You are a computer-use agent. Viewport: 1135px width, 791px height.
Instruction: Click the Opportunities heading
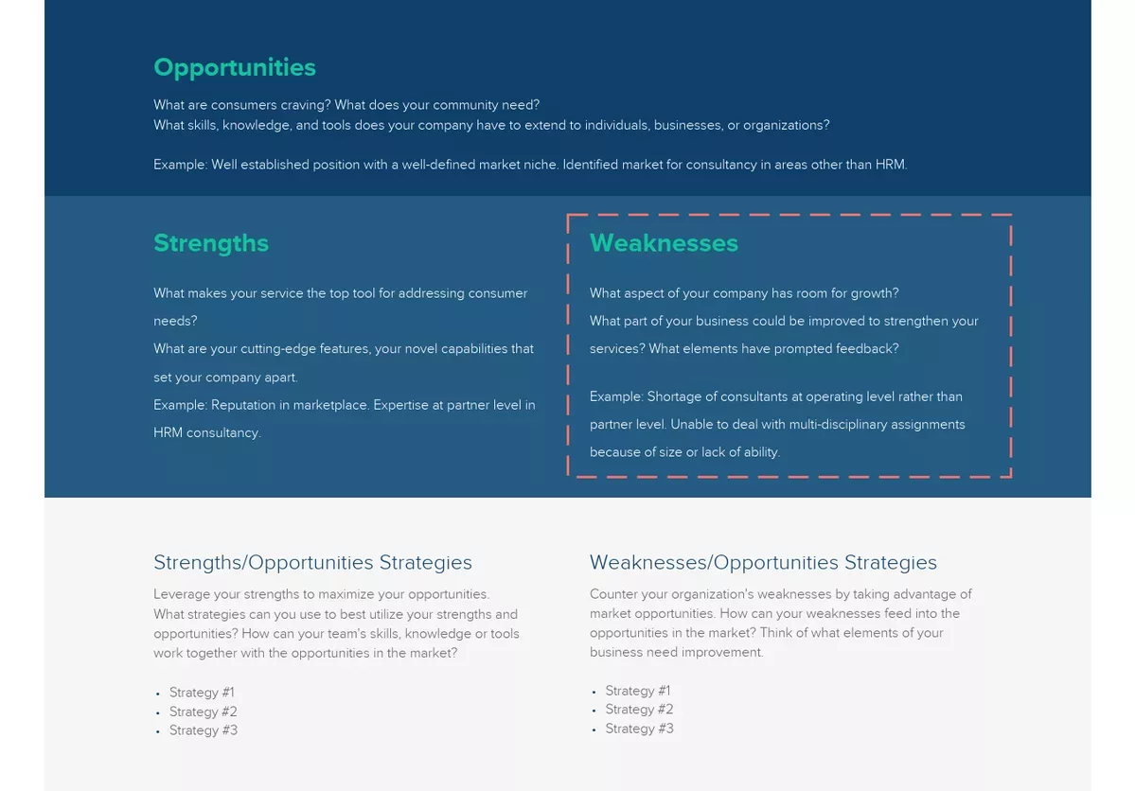point(235,68)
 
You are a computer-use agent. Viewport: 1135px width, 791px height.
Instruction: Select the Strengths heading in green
point(211,243)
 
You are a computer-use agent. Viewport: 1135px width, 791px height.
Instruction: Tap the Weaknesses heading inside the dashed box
point(664,243)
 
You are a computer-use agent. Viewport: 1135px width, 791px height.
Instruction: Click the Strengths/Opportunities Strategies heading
point(312,563)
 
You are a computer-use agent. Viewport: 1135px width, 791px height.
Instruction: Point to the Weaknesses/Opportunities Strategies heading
point(763,563)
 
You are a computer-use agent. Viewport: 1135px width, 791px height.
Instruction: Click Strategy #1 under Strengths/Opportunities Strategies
point(202,693)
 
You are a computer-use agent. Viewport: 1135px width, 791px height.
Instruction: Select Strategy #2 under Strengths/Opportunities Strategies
point(203,712)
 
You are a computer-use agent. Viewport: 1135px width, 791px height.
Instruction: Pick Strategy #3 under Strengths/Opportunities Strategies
point(203,730)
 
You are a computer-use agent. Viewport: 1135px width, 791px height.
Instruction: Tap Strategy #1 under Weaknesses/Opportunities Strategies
point(638,691)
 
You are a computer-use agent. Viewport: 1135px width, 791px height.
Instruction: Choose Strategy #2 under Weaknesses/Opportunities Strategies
point(639,710)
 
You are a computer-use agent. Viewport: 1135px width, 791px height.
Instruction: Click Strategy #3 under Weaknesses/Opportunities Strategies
point(639,729)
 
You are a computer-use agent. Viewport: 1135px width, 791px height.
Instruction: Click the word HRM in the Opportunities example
point(890,165)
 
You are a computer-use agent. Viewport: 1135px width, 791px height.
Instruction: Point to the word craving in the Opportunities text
point(304,105)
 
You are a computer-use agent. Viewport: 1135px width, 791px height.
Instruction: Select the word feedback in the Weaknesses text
point(867,349)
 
